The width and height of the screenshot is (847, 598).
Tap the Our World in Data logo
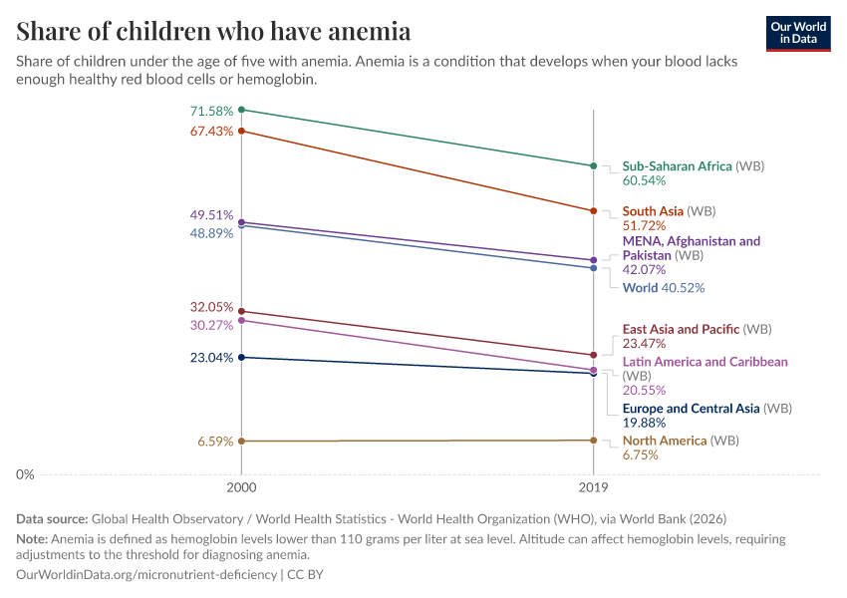pos(798,33)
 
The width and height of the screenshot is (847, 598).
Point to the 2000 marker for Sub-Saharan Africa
pos(241,110)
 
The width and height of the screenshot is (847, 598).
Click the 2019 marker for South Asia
pos(594,211)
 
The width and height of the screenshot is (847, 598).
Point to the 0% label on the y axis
pos(25,474)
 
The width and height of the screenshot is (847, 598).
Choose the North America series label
pos(665,441)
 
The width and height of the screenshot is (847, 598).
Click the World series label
pos(640,288)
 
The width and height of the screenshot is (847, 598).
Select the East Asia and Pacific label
pos(682,329)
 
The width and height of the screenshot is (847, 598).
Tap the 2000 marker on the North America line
pos(241,441)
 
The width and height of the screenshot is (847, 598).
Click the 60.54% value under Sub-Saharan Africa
pos(644,181)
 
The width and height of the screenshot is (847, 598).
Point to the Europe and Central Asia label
pos(691,409)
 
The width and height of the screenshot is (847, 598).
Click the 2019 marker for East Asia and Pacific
pos(594,355)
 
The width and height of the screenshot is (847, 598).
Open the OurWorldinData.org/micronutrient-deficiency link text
pos(147,575)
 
